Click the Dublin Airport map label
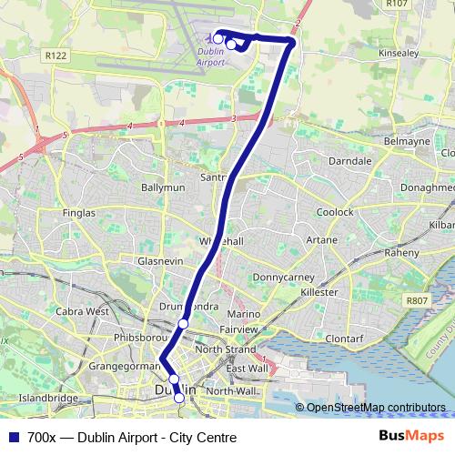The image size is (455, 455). (x=210, y=57)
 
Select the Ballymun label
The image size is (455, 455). (x=163, y=187)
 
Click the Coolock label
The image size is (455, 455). (x=336, y=212)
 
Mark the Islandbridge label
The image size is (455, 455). (x=48, y=399)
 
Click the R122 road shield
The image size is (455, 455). (x=56, y=56)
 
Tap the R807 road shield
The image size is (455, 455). (x=417, y=299)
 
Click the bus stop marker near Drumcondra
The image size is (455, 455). (x=183, y=323)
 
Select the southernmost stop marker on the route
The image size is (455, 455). (x=179, y=398)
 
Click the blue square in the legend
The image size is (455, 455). (x=13, y=438)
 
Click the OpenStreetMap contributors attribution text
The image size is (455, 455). (x=376, y=408)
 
